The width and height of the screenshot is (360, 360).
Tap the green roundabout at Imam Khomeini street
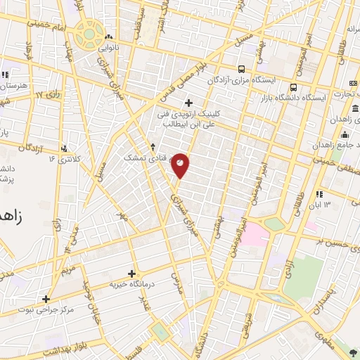coord(89,32)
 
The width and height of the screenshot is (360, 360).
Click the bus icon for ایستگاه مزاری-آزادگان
coord(242,69)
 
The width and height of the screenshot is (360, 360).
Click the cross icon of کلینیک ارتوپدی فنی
coord(188,102)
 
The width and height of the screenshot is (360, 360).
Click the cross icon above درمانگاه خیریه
coord(131,273)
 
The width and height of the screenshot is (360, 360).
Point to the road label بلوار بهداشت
coord(49,350)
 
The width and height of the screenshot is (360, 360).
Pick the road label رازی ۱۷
coord(49,94)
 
